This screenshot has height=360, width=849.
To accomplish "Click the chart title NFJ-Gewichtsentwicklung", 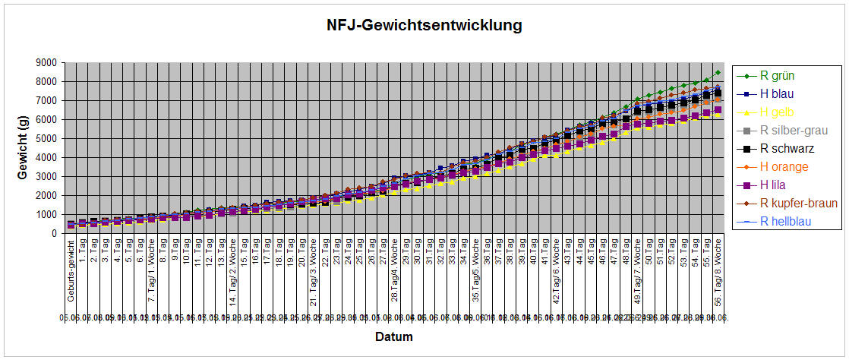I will click(424, 26).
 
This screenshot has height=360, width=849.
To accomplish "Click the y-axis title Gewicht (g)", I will click(24, 147).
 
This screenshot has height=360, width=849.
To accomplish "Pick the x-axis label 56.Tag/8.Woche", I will click(717, 270).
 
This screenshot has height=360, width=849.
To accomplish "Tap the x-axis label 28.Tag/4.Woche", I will click(394, 270).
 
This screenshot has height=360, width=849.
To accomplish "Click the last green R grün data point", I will click(718, 73).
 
